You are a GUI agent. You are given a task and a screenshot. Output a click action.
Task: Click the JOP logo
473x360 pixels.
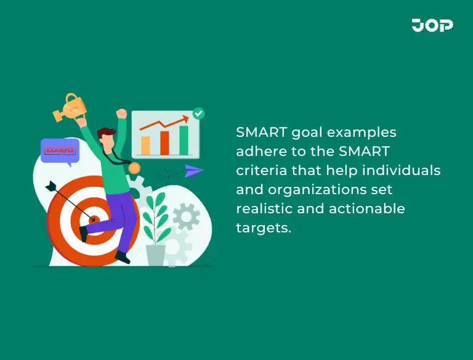click(432, 25)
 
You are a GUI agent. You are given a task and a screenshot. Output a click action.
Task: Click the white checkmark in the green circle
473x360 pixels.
click(198, 113)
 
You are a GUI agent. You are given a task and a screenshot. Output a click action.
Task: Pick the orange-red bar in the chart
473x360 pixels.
click(164, 142)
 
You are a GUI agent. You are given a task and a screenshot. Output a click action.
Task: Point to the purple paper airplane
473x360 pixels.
click(193, 171)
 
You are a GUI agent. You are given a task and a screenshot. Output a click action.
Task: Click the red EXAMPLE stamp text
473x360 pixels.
click(60, 149)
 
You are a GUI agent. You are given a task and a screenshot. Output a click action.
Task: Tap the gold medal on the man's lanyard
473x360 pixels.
click(134, 168)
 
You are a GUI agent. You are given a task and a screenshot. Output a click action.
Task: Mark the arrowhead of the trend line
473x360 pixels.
click(185, 118)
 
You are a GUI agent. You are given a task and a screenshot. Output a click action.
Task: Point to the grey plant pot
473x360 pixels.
click(155, 255)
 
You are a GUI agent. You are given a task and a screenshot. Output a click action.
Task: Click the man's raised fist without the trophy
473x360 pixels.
click(121, 114)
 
